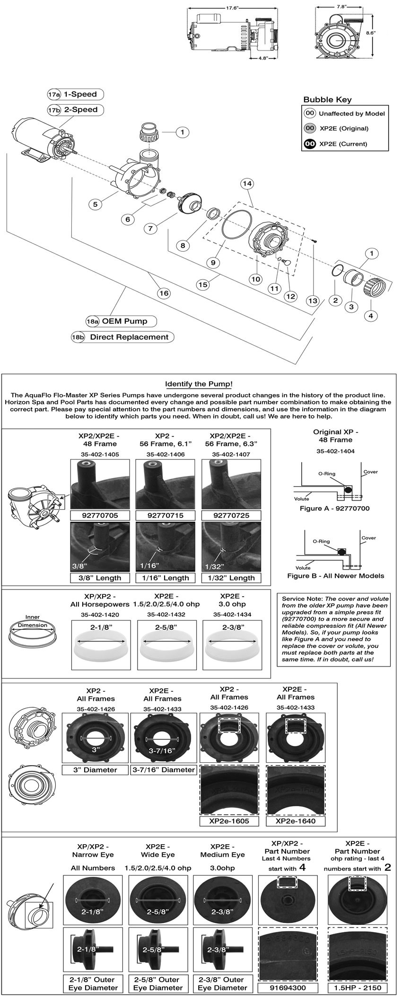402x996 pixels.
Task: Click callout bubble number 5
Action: click(x=96, y=204)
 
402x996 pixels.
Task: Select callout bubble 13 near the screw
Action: click(x=312, y=300)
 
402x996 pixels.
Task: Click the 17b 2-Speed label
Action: click(x=76, y=110)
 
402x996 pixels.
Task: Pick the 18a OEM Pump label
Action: click(x=121, y=321)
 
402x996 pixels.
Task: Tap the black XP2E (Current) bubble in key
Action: click(x=310, y=143)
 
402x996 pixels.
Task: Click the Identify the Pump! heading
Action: click(x=199, y=384)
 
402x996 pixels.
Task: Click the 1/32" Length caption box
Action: click(x=232, y=578)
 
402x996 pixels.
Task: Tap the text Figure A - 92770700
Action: click(x=334, y=509)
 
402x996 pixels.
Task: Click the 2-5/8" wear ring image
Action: click(x=166, y=649)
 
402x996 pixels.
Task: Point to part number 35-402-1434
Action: click(x=232, y=615)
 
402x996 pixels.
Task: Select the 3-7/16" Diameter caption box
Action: click(x=162, y=770)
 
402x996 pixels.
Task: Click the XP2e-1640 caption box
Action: click(x=295, y=821)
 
